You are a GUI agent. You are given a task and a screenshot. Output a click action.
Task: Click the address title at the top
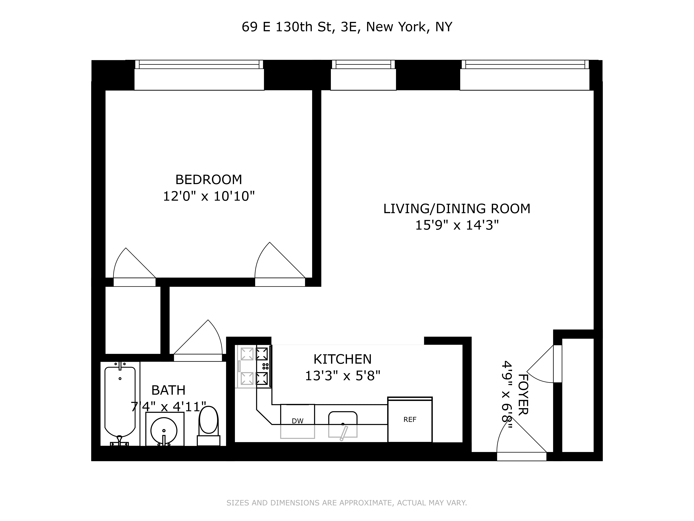tap(347, 27)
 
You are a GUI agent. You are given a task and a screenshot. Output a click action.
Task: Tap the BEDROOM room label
tap(209, 180)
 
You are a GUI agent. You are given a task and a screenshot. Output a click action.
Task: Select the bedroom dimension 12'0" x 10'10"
tap(209, 197)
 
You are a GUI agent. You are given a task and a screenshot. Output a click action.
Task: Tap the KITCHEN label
tap(342, 359)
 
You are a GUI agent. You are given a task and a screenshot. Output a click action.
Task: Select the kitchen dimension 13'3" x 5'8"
tap(342, 376)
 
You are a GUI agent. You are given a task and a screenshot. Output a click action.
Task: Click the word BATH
tap(169, 390)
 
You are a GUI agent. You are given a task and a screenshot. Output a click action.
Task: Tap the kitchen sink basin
tap(343, 424)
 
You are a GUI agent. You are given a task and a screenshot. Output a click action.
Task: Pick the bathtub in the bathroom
tap(120, 402)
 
